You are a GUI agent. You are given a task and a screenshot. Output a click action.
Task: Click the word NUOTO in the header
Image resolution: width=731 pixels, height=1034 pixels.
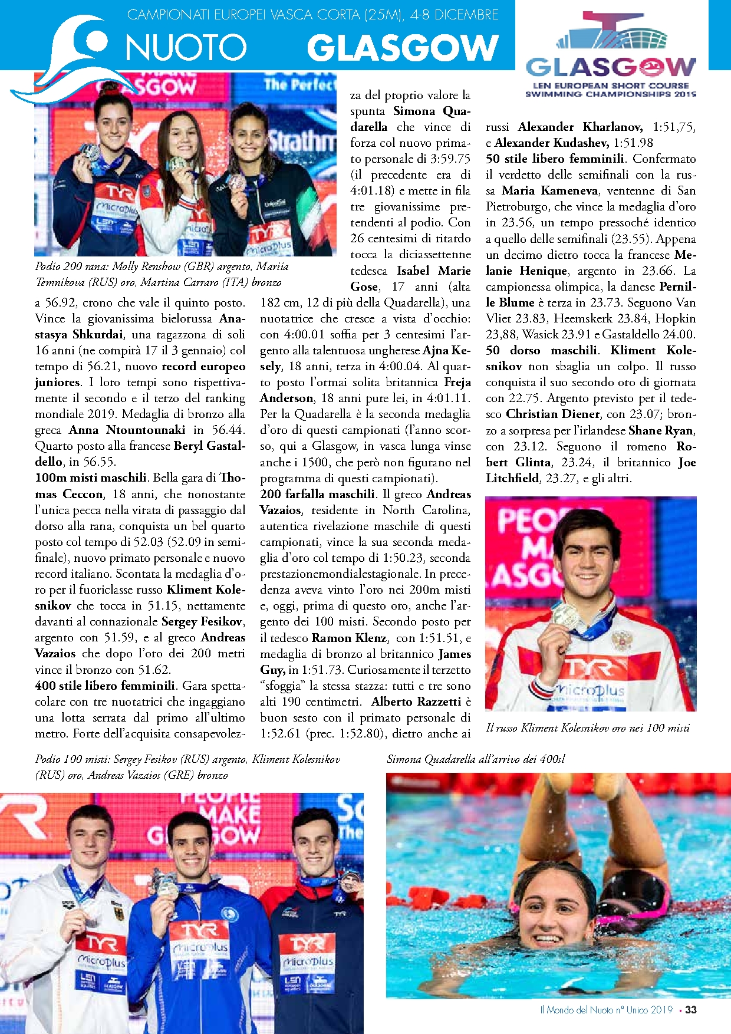(186, 47)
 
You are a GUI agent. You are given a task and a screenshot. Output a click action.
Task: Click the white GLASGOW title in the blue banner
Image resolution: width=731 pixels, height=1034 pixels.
(403, 48)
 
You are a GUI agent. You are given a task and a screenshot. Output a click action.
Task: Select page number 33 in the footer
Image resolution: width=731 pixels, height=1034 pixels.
(691, 1010)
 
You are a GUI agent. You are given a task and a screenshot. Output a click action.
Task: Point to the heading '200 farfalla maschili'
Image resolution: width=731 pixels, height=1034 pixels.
(317, 494)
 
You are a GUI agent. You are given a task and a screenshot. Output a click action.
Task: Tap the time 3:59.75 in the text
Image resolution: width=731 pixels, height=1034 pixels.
(451, 159)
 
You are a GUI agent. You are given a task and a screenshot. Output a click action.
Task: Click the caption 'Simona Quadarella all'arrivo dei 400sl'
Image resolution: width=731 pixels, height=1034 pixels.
(476, 759)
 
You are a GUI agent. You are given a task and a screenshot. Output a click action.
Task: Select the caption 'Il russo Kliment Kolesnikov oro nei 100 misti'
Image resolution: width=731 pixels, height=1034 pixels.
(587, 728)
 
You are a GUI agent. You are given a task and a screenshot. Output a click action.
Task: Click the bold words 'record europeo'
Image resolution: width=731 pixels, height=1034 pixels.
(203, 366)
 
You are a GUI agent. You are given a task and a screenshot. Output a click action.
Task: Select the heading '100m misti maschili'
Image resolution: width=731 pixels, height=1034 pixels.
(91, 478)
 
